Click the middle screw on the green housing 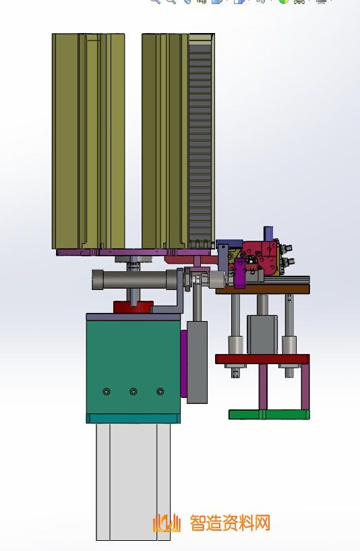point(133,391)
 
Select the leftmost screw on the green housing point(107,391)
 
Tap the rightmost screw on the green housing point(160,391)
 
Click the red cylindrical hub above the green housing point(133,307)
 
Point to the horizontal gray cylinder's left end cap point(97,280)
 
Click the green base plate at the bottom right point(269,415)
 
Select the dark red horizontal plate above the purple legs point(262,359)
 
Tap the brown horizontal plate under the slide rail point(263,289)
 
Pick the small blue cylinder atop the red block point(269,233)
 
